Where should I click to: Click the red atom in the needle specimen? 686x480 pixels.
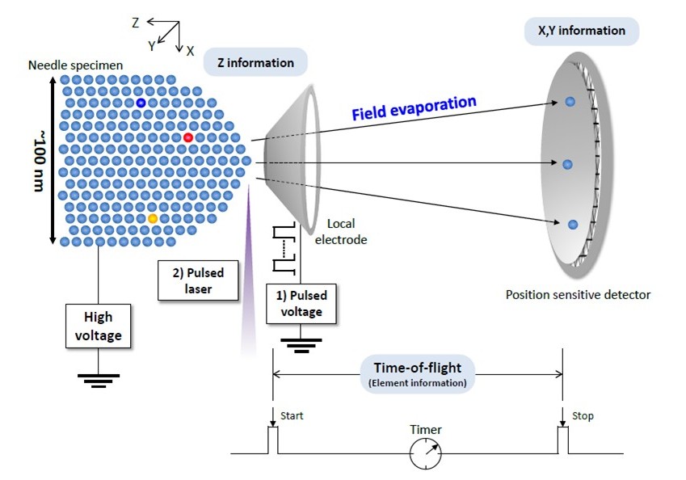pos(188,137)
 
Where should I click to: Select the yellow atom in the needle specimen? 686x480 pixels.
pos(153,218)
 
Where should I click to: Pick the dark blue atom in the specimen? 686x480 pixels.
pos(141,103)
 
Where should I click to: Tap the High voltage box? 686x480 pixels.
pos(98,325)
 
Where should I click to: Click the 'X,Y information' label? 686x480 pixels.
pos(582,31)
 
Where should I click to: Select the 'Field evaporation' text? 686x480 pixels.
pos(414,107)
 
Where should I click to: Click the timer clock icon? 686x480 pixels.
pos(426,454)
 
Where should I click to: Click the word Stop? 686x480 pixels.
pos(583,416)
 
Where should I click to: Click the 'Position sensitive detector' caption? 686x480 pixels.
pos(578,295)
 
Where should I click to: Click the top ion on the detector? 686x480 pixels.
pos(570,102)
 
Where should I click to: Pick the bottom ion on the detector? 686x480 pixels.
pos(573,224)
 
